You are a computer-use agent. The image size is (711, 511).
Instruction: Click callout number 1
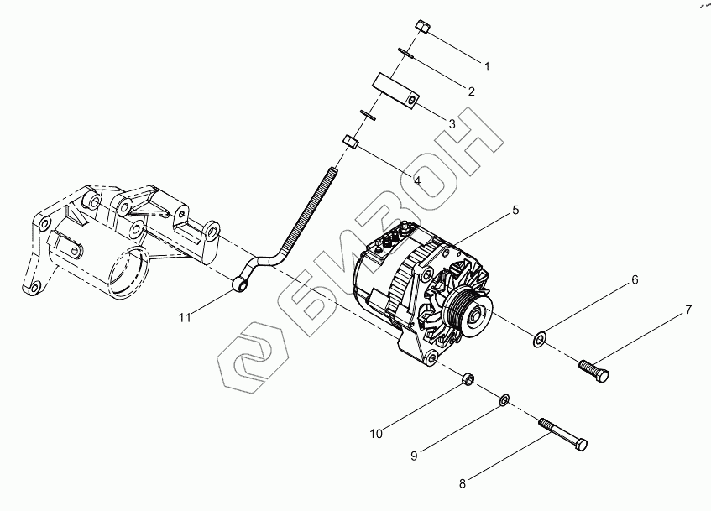pos(487,66)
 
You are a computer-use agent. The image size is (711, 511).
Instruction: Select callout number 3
pos(452,124)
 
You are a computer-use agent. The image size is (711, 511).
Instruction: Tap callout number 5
pos(515,210)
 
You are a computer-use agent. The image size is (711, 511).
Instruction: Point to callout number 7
pos(688,310)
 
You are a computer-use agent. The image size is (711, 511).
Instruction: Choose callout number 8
pos(462,484)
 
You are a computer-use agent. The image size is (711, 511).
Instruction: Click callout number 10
pos(376,434)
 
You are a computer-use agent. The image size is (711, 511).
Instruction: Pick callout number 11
pos(185,318)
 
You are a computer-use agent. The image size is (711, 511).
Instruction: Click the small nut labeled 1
pos(422,27)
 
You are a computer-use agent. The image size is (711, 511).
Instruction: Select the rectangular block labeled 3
pos(396,91)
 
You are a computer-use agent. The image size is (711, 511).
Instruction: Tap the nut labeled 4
pos(351,142)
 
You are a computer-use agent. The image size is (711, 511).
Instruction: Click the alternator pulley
pos(469,314)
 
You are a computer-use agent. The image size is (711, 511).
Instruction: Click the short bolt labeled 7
pos(593,370)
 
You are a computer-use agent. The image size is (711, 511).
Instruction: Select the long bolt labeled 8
pos(562,435)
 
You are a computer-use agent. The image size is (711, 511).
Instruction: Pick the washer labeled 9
pos(504,400)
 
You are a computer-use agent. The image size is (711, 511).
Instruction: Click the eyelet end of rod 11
pos(240,284)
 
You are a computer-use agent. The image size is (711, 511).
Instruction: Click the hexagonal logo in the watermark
pos(252,357)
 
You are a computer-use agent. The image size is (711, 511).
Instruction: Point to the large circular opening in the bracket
pos(128,273)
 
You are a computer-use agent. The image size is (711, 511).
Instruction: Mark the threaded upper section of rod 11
pos(311,209)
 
